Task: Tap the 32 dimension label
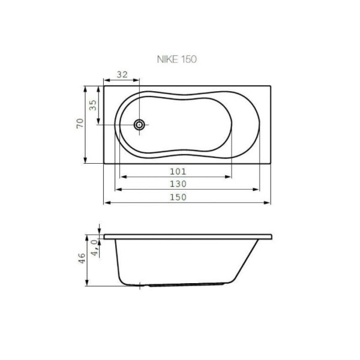point(122,75)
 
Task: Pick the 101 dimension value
point(177,171)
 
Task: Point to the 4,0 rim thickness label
point(94,246)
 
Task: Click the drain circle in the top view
point(140,125)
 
